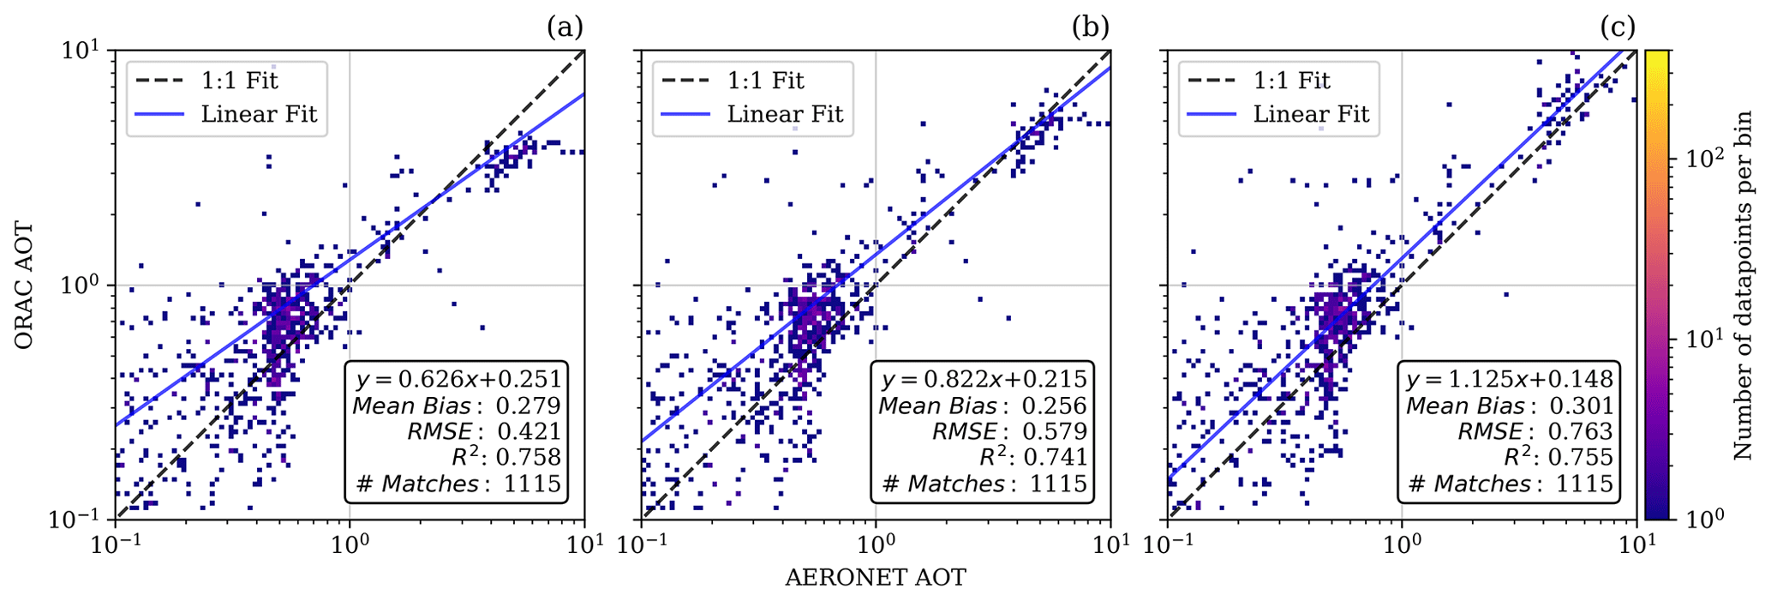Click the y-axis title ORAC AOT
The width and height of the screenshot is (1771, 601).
point(25,285)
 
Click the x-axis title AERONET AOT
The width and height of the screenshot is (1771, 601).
point(875,578)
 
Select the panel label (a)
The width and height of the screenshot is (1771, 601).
point(565,27)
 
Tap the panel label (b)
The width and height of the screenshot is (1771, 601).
point(1090,27)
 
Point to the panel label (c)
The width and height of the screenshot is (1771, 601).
point(1618,27)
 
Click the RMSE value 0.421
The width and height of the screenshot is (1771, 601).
point(530,431)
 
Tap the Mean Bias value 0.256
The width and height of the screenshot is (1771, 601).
point(1056,406)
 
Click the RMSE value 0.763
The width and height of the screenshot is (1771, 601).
point(1582,431)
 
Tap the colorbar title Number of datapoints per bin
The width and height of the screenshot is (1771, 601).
point(1744,285)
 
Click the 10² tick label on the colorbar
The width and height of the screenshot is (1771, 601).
point(1700,159)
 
